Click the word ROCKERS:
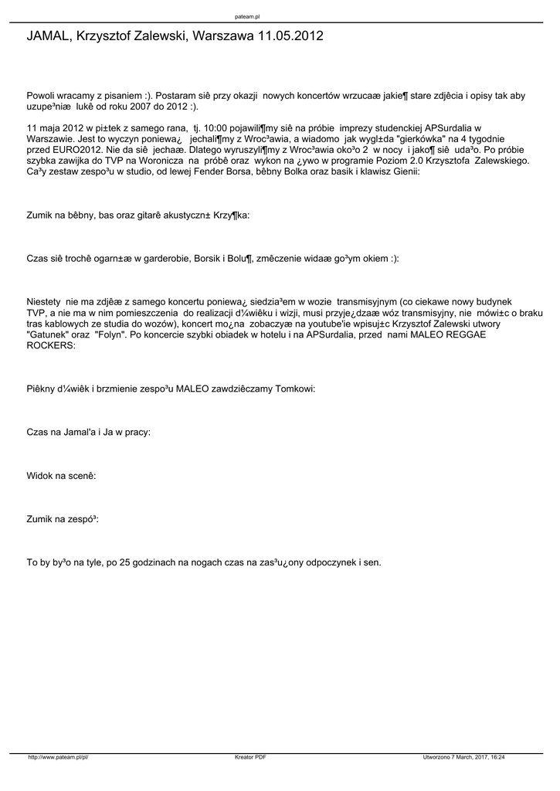click(x=51, y=346)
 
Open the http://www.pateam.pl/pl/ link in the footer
click(x=59, y=758)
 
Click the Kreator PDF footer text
click(x=250, y=758)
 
